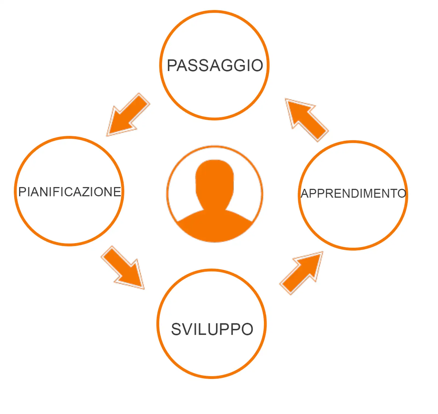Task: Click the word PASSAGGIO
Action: point(215,66)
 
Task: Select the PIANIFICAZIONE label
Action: point(70,192)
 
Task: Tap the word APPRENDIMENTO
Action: point(353,194)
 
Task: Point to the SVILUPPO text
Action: point(212,329)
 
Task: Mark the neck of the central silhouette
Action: point(215,205)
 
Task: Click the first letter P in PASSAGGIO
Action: point(172,66)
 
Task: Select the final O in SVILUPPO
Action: point(247,329)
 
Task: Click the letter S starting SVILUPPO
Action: point(177,329)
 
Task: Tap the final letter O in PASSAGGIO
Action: point(257,66)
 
